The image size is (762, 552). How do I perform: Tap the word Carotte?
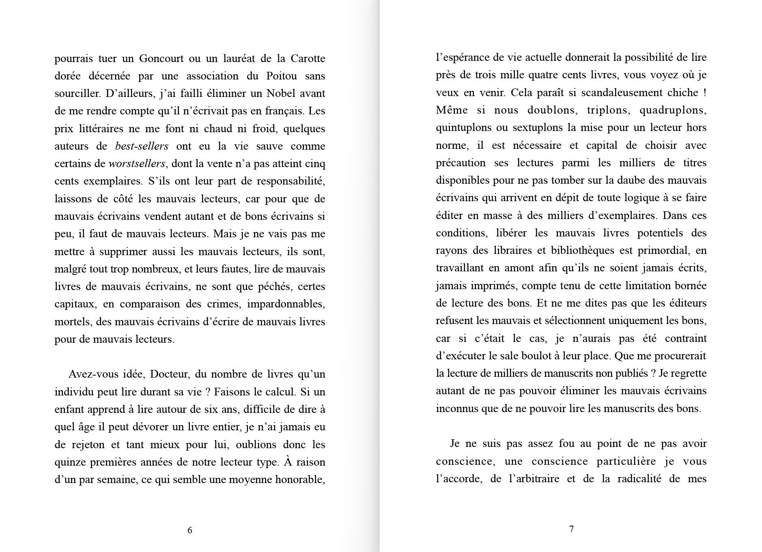[308, 59]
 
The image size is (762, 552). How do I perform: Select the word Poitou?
[281, 76]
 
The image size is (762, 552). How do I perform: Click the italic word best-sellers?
[142, 146]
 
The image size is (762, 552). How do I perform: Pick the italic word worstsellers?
[137, 164]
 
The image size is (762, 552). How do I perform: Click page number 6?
[190, 530]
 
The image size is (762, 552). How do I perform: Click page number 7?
[571, 529]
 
